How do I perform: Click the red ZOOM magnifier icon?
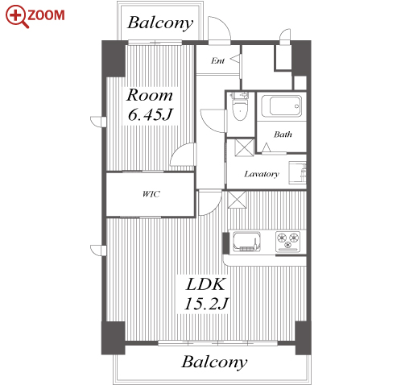(17, 16)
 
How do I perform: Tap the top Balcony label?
(160, 23)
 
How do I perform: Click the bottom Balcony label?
(214, 362)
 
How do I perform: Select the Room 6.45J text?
(150, 105)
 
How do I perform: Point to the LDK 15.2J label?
(206, 294)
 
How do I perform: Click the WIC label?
(151, 194)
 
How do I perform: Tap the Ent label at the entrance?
(217, 61)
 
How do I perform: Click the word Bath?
(283, 135)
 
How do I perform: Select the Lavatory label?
(262, 174)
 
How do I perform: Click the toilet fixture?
(239, 106)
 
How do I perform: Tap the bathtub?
(282, 106)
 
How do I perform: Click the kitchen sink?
(246, 242)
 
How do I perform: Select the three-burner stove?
(287, 242)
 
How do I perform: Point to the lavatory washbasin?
(297, 172)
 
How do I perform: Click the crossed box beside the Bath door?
(244, 147)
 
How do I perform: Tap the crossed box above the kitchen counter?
(237, 200)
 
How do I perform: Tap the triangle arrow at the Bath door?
(266, 147)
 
